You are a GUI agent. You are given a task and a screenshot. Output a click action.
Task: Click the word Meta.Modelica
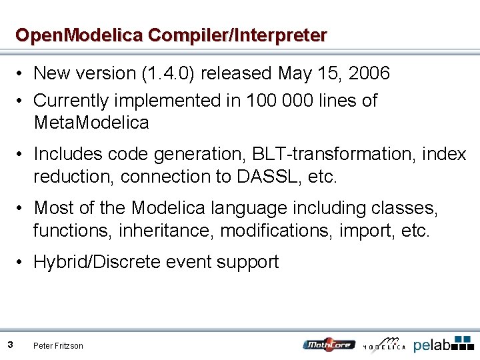[x=91, y=123]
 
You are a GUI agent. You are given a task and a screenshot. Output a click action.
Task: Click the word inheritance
[x=167, y=231]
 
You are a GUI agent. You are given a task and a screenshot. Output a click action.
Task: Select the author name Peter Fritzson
[x=59, y=345]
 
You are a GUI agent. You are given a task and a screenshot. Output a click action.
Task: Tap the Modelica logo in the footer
[x=385, y=343]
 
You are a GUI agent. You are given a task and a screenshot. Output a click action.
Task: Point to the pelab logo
[x=443, y=343]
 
